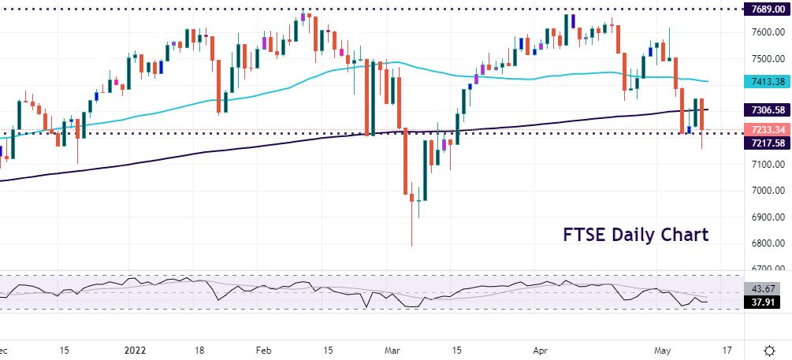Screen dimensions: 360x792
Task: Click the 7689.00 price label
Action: tap(766, 9)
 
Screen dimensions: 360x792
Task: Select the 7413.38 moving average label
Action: tap(766, 81)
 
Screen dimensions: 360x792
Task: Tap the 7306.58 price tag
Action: tap(766, 109)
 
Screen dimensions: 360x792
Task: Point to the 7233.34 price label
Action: tap(766, 129)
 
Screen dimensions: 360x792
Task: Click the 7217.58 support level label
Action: tap(766, 143)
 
